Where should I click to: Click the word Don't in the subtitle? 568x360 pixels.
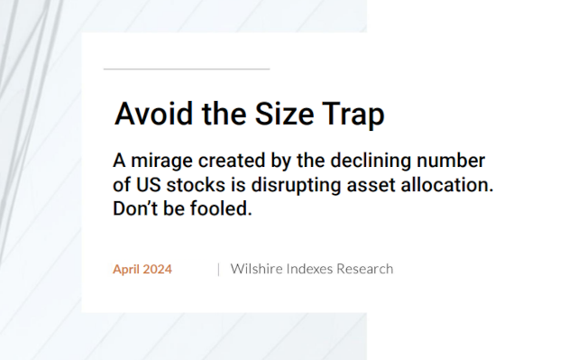coord(134,208)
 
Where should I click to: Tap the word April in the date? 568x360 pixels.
coord(128,269)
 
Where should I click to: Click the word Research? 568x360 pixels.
coord(365,269)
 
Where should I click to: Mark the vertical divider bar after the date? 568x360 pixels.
coord(217,269)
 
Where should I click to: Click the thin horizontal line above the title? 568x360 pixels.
coord(187,69)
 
